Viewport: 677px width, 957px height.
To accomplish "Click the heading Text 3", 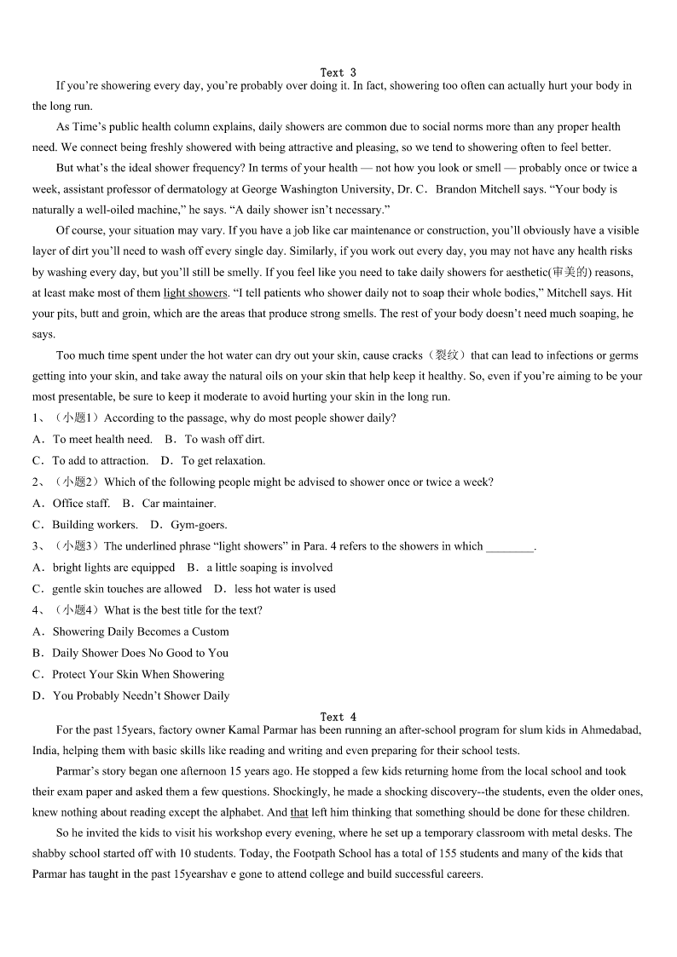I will point(338,72).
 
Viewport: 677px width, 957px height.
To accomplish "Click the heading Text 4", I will point(338,717).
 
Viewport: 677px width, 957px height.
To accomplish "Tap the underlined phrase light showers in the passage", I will point(195,293).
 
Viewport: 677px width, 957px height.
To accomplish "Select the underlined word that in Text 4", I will point(299,812).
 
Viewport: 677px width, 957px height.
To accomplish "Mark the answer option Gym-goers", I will point(199,525).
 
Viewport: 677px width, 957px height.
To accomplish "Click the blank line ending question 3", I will point(509,547).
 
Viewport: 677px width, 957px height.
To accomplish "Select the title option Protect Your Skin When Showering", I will point(138,674).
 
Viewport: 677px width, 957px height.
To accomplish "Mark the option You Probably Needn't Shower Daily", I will point(141,695).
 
